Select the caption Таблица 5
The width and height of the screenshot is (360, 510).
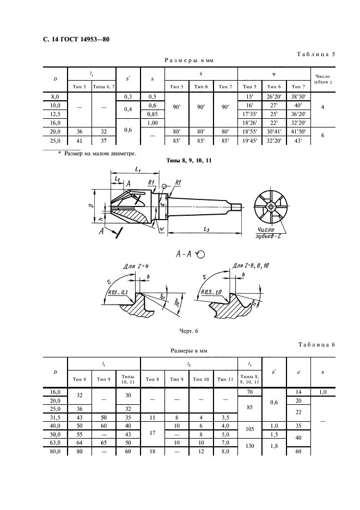point(316,54)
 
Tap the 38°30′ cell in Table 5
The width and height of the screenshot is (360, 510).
point(298,96)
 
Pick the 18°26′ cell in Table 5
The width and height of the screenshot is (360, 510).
point(249,123)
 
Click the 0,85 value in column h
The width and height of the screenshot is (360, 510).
point(152,114)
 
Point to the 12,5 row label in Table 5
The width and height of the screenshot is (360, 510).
point(55,114)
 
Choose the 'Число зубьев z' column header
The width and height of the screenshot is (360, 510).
point(322,80)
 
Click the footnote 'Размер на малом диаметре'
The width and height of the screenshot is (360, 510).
point(100,153)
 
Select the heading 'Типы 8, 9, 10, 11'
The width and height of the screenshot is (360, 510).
point(188,160)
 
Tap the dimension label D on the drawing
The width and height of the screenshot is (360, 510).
point(93,205)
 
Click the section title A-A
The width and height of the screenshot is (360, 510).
point(184,254)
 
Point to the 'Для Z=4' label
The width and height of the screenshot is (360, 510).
point(136,266)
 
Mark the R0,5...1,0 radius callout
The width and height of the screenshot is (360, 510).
point(211,292)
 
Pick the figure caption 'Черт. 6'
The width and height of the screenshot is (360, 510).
point(188,331)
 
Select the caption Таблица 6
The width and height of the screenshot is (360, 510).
point(316,345)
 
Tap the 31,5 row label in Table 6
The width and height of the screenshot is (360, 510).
point(55,417)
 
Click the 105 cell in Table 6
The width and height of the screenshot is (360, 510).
point(249,429)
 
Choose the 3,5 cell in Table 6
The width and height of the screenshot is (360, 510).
point(225,417)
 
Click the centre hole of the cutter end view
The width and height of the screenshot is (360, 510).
point(271,206)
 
